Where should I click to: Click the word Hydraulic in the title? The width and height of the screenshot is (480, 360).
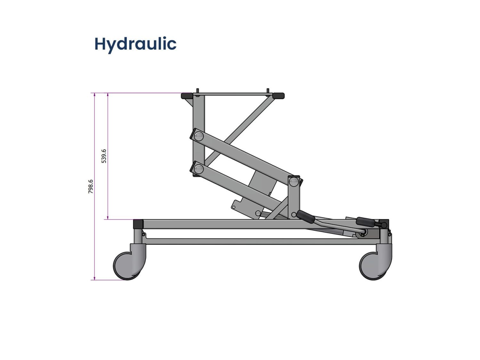(x=135, y=44)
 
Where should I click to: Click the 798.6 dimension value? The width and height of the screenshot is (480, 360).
(x=91, y=186)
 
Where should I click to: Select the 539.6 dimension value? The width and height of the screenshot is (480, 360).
(x=104, y=156)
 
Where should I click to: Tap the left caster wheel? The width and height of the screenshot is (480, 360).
(x=127, y=266)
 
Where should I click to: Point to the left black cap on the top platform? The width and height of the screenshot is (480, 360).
(x=186, y=96)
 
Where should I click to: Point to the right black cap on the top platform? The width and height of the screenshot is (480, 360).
(x=278, y=96)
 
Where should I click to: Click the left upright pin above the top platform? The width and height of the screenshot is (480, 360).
(x=197, y=91)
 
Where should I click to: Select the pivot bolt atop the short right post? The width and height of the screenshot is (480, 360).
(x=294, y=181)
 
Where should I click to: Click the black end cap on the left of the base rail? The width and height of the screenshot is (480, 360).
(x=138, y=224)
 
